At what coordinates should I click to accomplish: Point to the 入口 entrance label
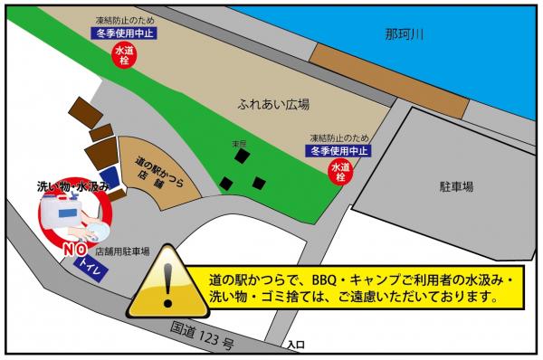(294, 345)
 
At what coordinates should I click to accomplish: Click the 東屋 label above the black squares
(239, 143)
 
